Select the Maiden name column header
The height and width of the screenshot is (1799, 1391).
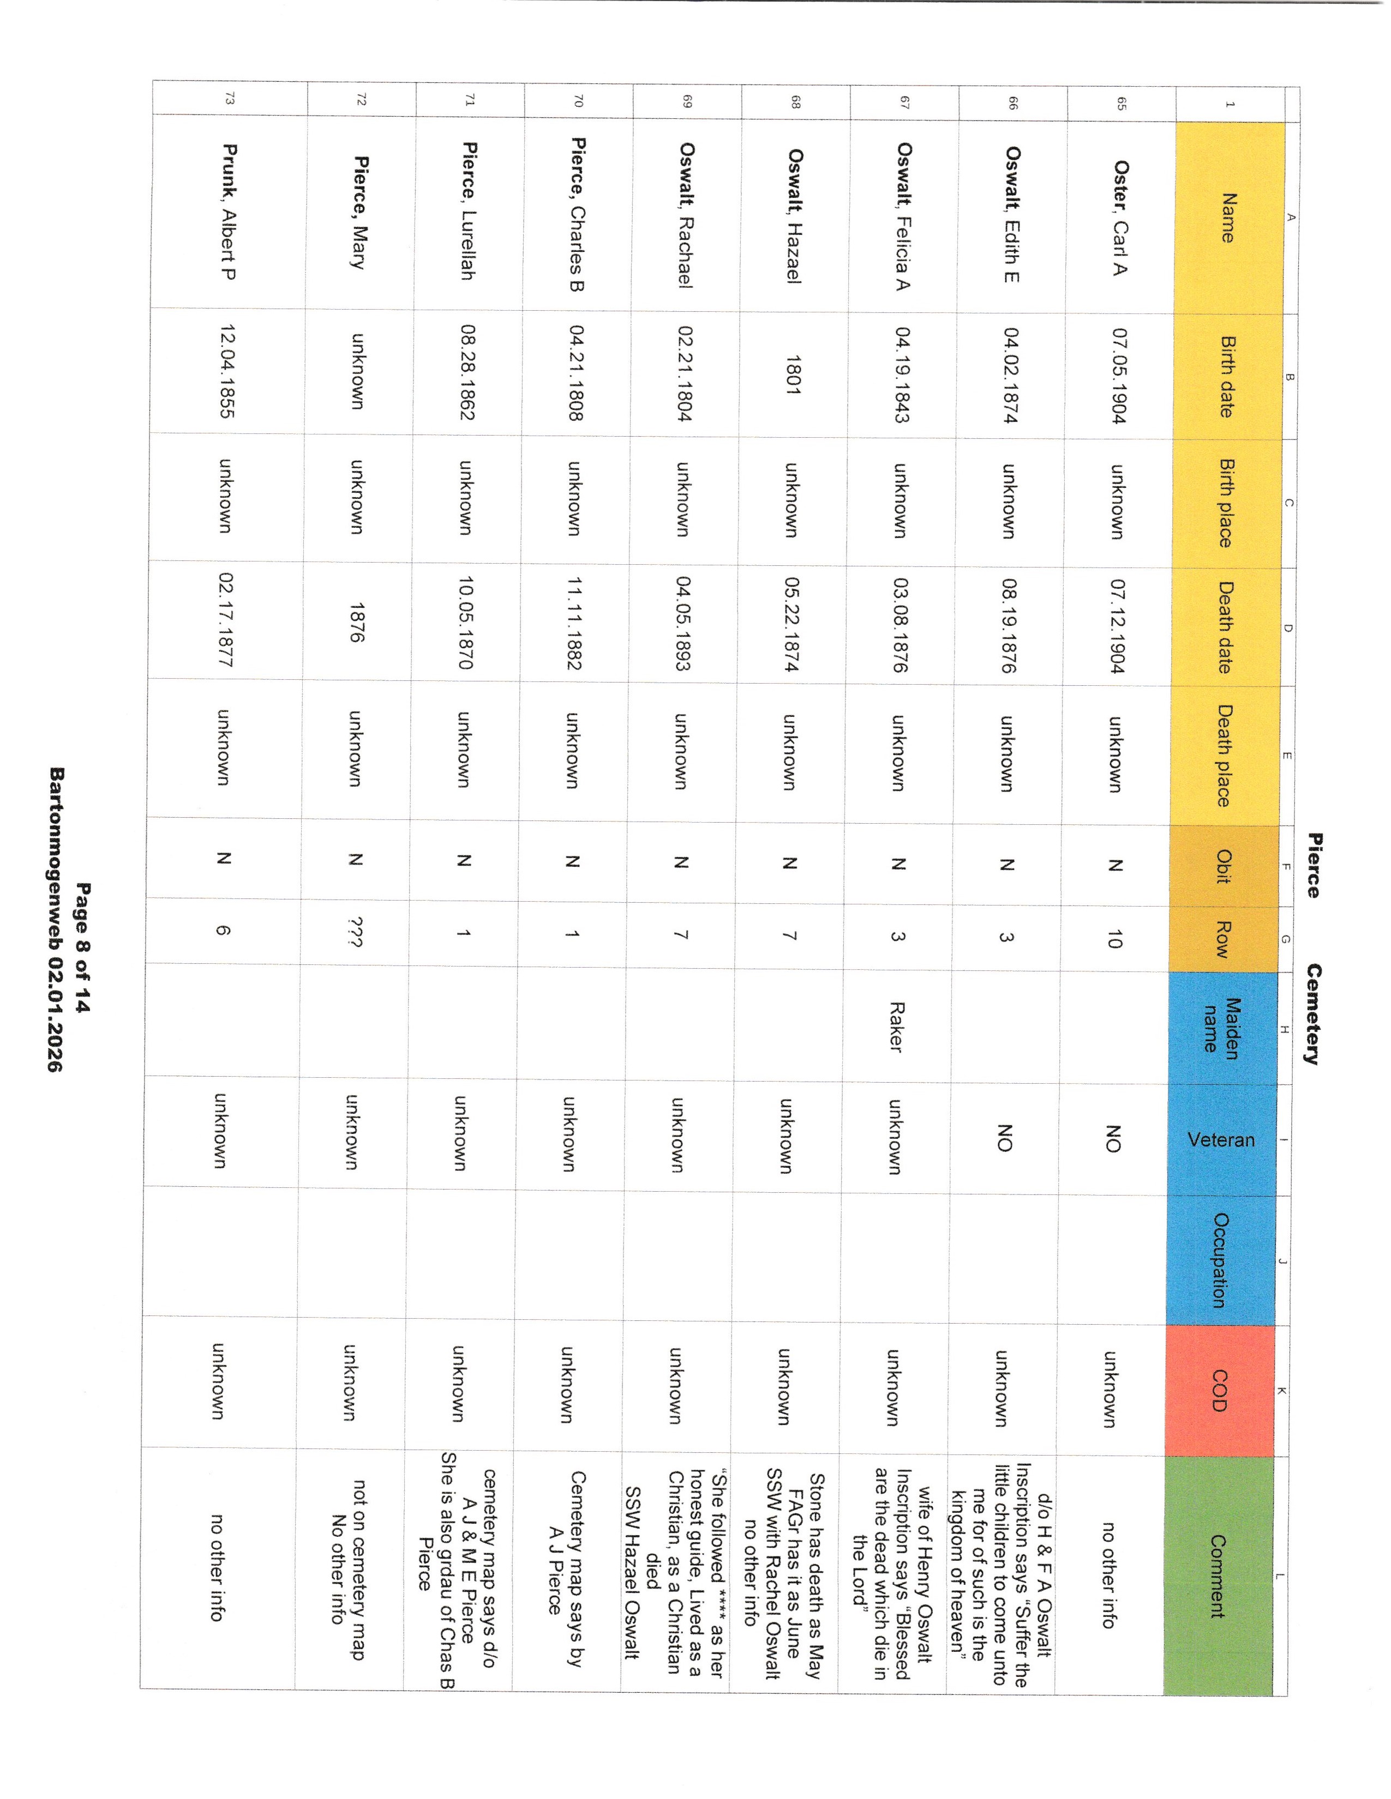coord(1222,1025)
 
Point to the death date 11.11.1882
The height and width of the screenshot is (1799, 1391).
coord(573,624)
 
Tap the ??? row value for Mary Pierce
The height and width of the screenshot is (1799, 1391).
coord(356,933)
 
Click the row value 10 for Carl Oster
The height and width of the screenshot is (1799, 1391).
coord(1114,938)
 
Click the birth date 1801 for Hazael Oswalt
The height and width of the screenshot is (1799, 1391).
coord(793,375)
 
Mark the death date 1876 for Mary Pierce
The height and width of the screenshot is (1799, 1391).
coord(357,622)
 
